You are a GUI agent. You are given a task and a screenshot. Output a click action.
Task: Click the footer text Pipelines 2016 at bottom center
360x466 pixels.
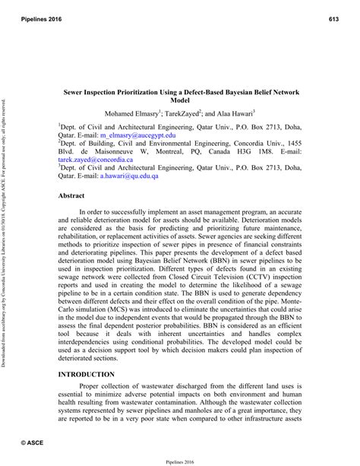pyautogui.click(x=180, y=459)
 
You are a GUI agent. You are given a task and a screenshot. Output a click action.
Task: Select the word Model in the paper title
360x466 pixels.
pyautogui.click(x=180, y=100)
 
